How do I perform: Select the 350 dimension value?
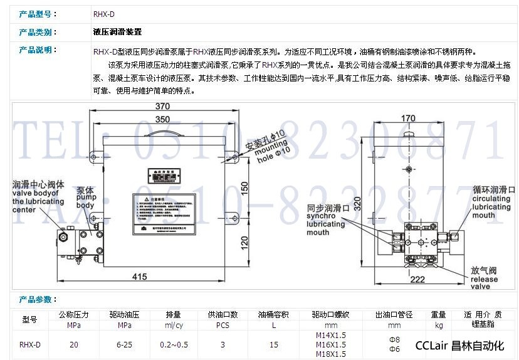pyautogui.click(x=162, y=119)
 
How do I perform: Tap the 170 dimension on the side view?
pyautogui.click(x=408, y=119)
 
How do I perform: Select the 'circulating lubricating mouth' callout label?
pyautogui.click(x=493, y=201)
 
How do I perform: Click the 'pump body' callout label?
pyautogui.click(x=85, y=198)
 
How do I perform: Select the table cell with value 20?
pyautogui.click(x=74, y=344)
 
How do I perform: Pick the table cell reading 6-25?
pyautogui.click(x=123, y=344)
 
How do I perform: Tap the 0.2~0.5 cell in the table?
pyautogui.click(x=173, y=344)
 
